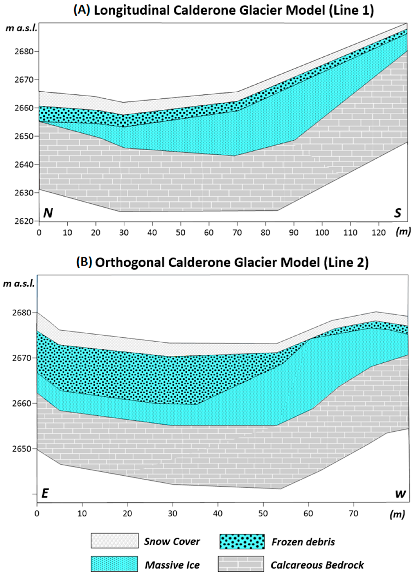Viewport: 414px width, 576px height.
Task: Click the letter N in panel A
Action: click(x=48, y=213)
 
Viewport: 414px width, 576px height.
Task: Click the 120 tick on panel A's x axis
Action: click(x=379, y=232)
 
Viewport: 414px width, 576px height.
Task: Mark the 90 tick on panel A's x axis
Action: click(x=294, y=232)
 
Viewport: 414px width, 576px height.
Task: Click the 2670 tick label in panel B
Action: click(x=23, y=358)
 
